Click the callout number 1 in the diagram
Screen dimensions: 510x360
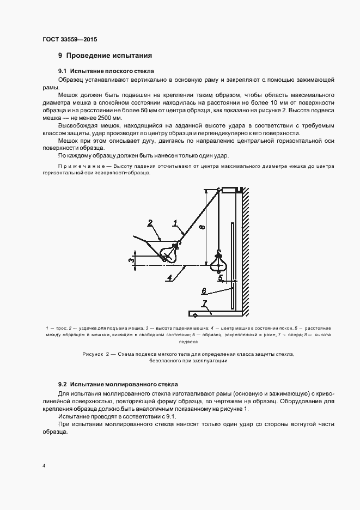(175, 222)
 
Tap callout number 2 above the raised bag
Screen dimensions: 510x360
(150, 222)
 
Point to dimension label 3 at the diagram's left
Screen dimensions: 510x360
(131, 260)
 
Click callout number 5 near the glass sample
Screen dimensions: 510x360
(221, 278)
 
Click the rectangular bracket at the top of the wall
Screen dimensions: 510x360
(231, 190)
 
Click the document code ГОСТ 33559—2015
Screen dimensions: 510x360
(69, 40)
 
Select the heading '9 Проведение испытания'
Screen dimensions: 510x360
(105, 56)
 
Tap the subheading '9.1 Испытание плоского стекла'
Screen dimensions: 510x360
(106, 71)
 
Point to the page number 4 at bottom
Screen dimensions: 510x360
(44, 467)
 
